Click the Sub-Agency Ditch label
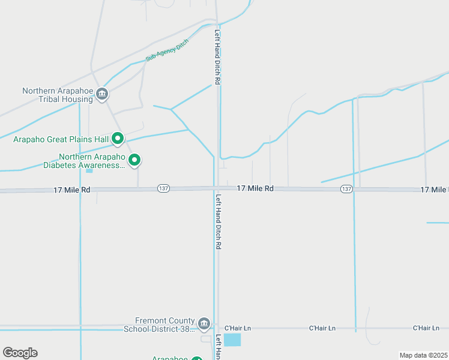[x=167, y=50]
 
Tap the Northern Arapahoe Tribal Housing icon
[x=102, y=94]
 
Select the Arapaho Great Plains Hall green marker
[x=118, y=139]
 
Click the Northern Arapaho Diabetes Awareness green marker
[x=135, y=160]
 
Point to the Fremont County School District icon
[x=204, y=325]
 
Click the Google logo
[x=20, y=353]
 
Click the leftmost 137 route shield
[x=163, y=188]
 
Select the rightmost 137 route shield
[x=346, y=188]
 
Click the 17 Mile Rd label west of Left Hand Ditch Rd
[x=71, y=190]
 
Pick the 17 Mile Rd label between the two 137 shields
[x=255, y=188]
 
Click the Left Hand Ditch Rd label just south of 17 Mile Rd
[x=218, y=221]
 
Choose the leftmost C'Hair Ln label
[x=237, y=328]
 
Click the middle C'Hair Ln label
[x=322, y=328]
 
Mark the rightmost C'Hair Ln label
[x=426, y=328]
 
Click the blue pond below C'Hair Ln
[x=232, y=340]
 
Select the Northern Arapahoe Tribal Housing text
[x=58, y=95]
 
